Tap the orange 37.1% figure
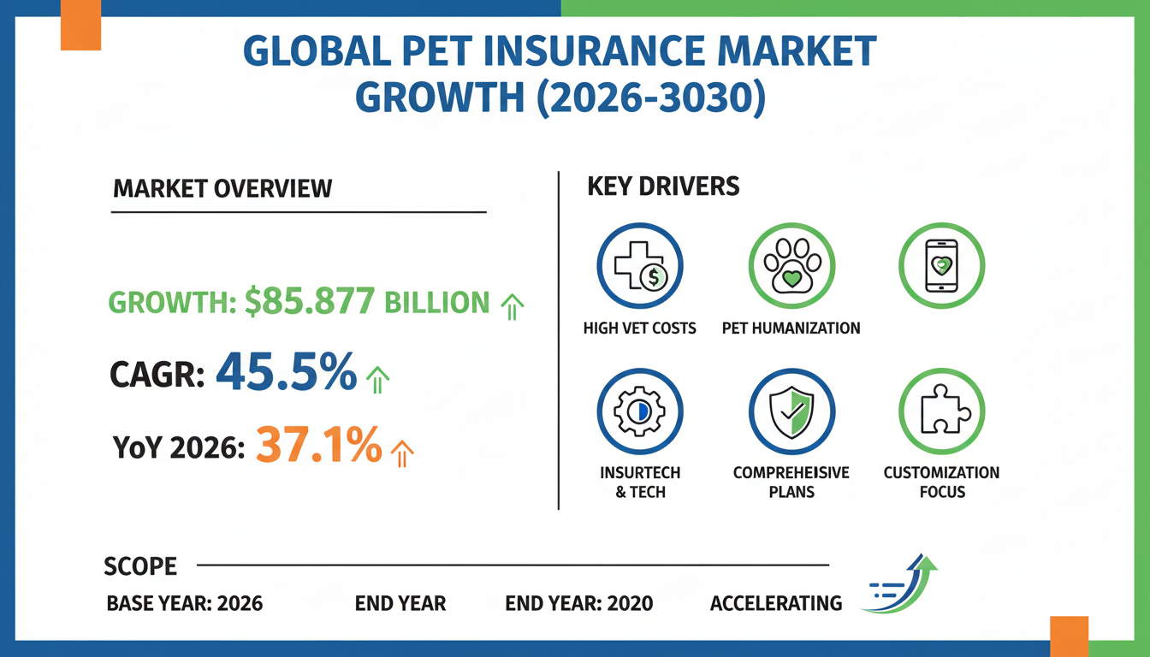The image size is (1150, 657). pos(318,446)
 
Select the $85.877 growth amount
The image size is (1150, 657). pos(310,302)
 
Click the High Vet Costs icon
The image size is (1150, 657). pos(639,265)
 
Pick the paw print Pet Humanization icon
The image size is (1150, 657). pos(791,265)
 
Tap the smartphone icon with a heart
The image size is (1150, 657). pos(942,265)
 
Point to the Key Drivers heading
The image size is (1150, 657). pos(663,186)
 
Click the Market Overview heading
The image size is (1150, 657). pos(222,188)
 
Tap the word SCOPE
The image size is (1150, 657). pos(140,566)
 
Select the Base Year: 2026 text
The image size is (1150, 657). pos(184,603)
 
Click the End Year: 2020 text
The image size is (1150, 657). pos(578,603)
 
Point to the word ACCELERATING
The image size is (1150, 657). pos(776,603)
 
